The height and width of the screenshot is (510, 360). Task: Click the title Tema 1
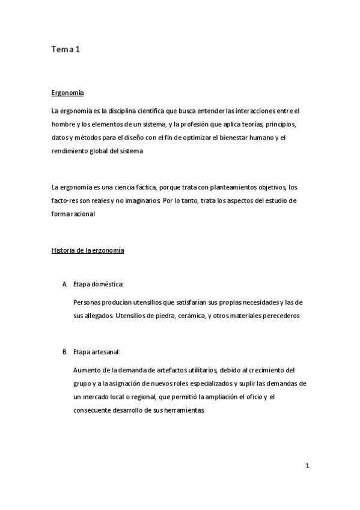point(66,51)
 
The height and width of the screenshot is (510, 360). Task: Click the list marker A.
point(64,284)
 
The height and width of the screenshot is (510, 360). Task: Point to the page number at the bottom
point(307,465)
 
